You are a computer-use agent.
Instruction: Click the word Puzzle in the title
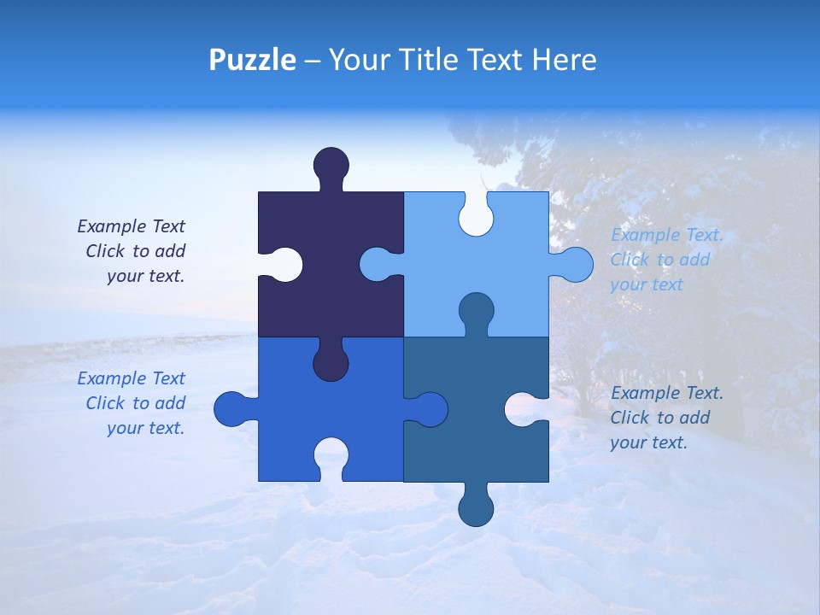[x=252, y=60]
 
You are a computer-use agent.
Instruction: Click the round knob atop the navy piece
[x=331, y=165]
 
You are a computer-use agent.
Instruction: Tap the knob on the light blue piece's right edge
[x=574, y=264]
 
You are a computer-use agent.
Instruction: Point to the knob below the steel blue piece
[x=476, y=508]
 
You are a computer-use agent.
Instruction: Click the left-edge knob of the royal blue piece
[x=231, y=409]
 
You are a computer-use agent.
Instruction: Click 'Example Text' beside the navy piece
[x=131, y=226]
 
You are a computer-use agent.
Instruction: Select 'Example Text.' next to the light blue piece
[x=667, y=235]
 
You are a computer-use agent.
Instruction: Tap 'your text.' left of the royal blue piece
[x=145, y=428]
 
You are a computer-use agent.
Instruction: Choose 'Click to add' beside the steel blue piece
[x=659, y=418]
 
